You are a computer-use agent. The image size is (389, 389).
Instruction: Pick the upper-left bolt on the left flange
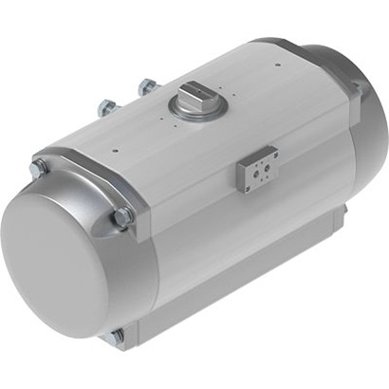[38, 168]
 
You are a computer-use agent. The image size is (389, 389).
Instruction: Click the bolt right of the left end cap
[122, 219]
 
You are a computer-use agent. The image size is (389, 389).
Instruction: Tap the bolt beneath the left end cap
[117, 336]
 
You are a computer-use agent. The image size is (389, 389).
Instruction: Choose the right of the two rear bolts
[147, 87]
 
